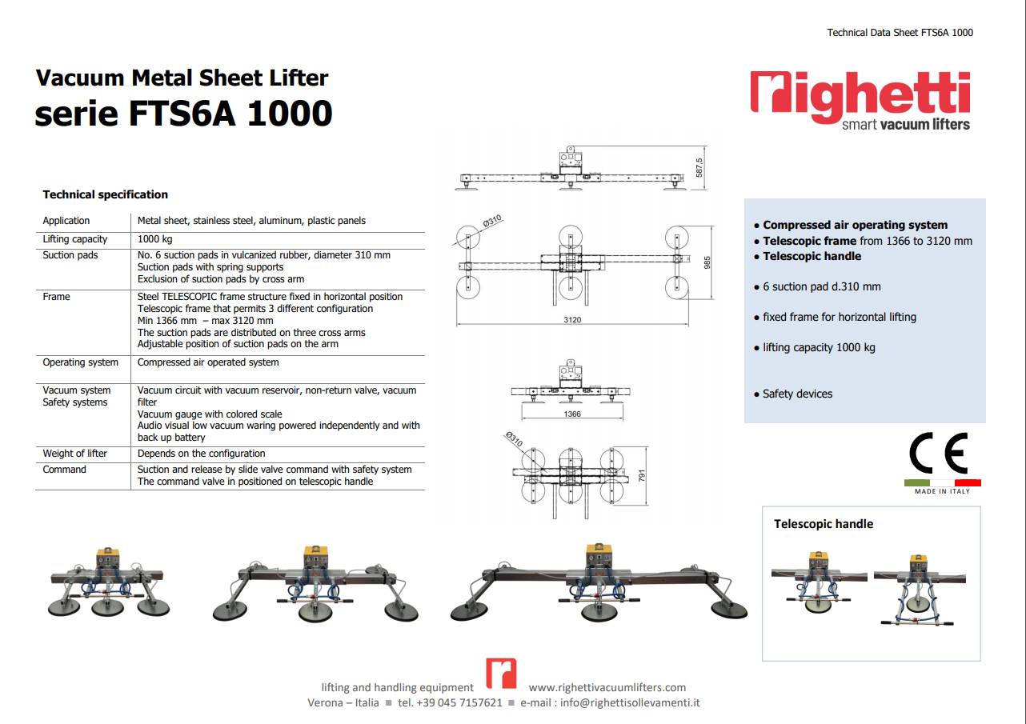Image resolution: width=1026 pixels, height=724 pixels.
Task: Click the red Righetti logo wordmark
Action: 860,97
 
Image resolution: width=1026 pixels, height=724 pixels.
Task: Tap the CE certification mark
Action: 939,453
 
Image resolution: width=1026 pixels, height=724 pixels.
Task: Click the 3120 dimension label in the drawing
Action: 572,320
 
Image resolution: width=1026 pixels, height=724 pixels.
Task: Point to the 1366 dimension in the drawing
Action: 572,414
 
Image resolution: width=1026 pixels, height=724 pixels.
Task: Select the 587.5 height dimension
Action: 699,168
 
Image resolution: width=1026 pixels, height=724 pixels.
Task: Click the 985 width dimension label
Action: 707,262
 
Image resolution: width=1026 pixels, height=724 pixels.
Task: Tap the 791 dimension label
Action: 642,476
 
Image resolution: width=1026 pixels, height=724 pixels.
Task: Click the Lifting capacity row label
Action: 74,239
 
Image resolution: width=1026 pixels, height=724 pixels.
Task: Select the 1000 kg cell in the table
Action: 154,239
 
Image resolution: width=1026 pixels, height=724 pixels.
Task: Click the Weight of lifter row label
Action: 74,454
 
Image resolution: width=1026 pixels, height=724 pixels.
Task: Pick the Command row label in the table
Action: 64,470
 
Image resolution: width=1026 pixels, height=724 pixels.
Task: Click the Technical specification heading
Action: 106,194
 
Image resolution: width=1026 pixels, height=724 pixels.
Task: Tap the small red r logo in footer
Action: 501,673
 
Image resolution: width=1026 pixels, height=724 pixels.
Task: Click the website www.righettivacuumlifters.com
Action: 607,687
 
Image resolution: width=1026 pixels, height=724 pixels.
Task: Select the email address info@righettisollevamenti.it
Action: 630,702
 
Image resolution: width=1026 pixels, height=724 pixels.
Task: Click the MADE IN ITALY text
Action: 942,491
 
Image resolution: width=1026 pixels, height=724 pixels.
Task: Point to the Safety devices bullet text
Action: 797,394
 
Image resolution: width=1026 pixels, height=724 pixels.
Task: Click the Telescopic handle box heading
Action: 824,524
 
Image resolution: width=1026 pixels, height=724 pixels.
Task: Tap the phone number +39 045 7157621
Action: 450,702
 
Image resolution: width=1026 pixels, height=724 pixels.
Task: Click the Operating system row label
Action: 80,362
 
